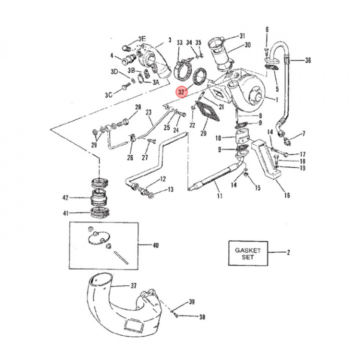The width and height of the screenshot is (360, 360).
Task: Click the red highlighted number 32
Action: (x=181, y=92)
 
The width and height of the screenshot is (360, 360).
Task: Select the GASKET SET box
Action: (x=248, y=253)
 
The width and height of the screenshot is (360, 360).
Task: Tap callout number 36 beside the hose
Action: (x=307, y=60)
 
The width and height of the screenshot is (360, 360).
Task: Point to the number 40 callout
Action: (x=155, y=245)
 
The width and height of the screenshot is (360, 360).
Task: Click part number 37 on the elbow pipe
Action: (x=133, y=286)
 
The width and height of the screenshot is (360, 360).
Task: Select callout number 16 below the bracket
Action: (x=286, y=195)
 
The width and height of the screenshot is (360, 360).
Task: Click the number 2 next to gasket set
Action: (x=288, y=253)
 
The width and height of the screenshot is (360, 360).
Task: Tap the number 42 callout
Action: (x=78, y=198)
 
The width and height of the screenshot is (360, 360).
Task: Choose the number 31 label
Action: (x=242, y=36)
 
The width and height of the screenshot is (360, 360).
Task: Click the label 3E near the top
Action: (x=142, y=38)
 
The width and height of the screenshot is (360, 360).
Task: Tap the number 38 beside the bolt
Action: (x=202, y=317)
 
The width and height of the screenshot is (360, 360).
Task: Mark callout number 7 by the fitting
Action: (x=302, y=134)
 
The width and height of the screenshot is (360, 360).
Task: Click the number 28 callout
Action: (x=138, y=107)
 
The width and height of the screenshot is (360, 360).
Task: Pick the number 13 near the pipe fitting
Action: (x=170, y=189)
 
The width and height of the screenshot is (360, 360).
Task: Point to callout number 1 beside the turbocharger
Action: (x=276, y=99)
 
